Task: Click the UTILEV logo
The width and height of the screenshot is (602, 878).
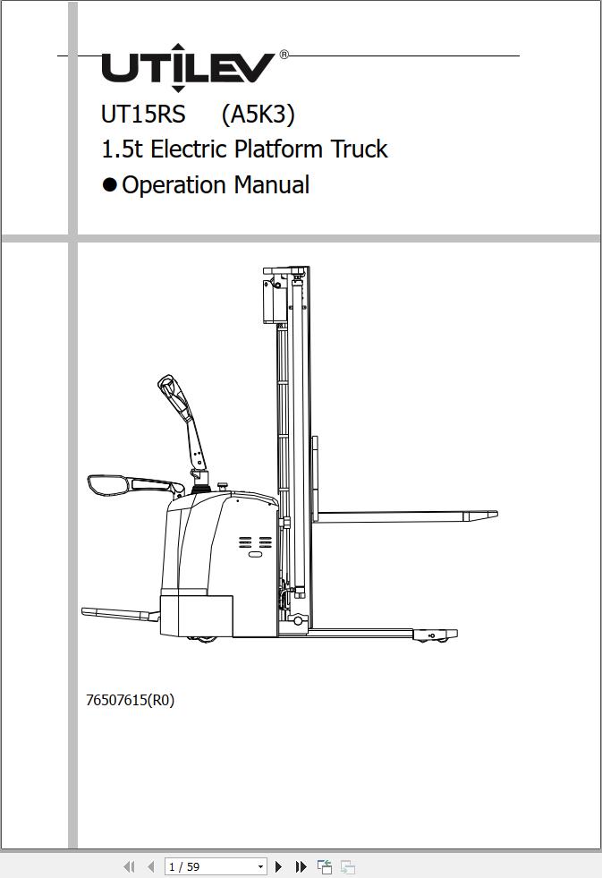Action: (188, 68)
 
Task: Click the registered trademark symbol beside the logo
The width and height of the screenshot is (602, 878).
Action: (284, 55)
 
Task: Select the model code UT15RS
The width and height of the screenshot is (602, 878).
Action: (143, 115)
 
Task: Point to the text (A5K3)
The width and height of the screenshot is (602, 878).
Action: (258, 115)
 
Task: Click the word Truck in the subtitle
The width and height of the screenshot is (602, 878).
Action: (360, 149)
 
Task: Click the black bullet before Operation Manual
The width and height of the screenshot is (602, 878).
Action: (110, 184)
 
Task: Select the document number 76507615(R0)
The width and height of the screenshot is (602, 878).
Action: (131, 700)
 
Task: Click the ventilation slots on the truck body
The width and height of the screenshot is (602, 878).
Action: (255, 542)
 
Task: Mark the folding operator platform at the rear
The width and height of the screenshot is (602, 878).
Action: (120, 614)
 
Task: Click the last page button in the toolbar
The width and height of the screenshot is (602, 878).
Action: (301, 866)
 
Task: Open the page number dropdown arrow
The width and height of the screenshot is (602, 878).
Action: (260, 866)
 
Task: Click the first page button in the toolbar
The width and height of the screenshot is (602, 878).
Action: (129, 866)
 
